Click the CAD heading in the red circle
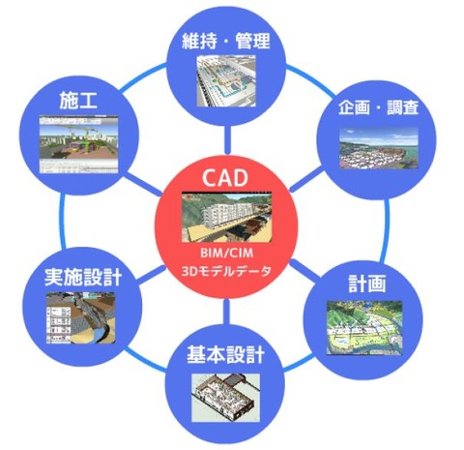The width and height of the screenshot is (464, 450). (x=225, y=178)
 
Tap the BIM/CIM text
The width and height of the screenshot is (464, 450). (x=226, y=253)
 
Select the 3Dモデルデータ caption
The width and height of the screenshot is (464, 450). (x=226, y=271)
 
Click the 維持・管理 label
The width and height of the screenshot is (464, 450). (x=225, y=41)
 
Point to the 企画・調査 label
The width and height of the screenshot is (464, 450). (x=378, y=107)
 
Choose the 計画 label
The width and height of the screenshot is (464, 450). (x=367, y=284)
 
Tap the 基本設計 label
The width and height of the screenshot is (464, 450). (x=225, y=354)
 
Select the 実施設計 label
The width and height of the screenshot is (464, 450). (x=83, y=277)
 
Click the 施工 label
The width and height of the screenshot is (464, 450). (x=78, y=100)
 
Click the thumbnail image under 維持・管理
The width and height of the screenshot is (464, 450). (x=226, y=81)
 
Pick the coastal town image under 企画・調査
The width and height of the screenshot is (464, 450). (x=379, y=149)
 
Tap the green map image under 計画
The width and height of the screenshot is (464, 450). (x=364, y=328)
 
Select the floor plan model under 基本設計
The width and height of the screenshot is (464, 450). (x=226, y=398)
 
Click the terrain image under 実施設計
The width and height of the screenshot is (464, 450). (x=81, y=318)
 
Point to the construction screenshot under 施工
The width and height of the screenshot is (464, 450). (x=79, y=145)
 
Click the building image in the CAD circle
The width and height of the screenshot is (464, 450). (x=226, y=217)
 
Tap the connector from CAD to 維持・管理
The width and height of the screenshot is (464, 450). (x=227, y=139)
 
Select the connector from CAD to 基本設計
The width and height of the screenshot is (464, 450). (x=226, y=312)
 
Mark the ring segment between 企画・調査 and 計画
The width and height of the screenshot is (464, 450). (x=385, y=230)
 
